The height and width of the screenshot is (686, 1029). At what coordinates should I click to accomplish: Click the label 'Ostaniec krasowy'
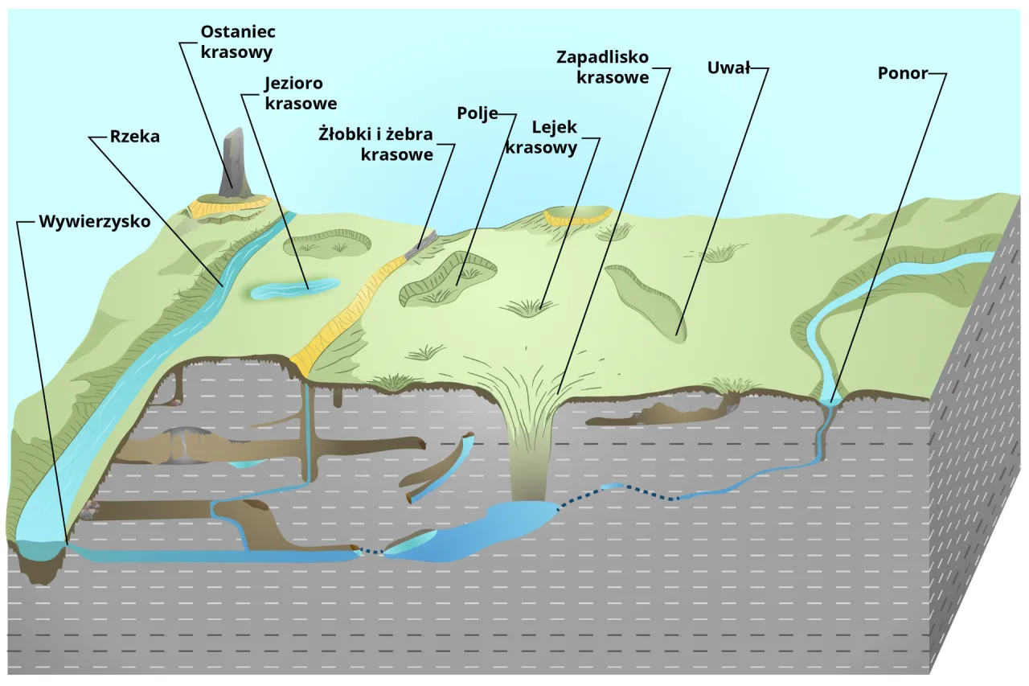click(237, 42)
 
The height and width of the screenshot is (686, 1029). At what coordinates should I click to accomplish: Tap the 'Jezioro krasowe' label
click(300, 92)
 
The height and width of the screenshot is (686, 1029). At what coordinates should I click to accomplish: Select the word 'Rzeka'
click(134, 137)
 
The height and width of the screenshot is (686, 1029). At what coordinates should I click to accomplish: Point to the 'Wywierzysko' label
click(95, 222)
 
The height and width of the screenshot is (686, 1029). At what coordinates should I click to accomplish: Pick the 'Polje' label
click(478, 113)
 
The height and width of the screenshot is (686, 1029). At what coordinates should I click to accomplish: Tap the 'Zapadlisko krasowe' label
click(602, 68)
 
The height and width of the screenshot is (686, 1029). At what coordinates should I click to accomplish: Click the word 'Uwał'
click(728, 68)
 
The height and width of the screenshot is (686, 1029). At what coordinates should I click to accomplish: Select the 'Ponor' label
click(904, 73)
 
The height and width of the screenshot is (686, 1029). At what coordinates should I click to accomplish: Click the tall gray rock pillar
click(234, 161)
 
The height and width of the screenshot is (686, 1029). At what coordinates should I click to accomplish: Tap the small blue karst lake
click(294, 288)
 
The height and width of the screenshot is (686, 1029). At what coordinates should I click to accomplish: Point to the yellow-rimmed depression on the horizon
click(577, 215)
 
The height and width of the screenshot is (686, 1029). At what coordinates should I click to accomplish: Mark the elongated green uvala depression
click(646, 301)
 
